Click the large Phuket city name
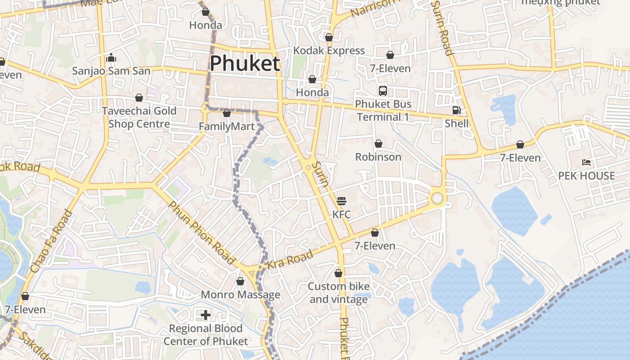pyautogui.click(x=245, y=63)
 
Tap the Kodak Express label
pyautogui.click(x=329, y=50)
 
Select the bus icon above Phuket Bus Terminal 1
pyautogui.click(x=382, y=91)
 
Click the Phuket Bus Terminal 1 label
pyautogui.click(x=382, y=111)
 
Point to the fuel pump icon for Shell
pyautogui.click(x=456, y=110)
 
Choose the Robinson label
pyautogui.click(x=378, y=157)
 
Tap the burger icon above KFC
pyautogui.click(x=342, y=201)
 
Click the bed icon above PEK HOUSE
pyautogui.click(x=586, y=162)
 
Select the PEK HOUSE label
pyautogui.click(x=586, y=176)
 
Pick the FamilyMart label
pyautogui.click(x=227, y=126)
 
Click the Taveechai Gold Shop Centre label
pyautogui.click(x=139, y=117)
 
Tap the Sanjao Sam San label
pyautogui.click(x=111, y=71)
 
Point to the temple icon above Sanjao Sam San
pyautogui.click(x=111, y=58)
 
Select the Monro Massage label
pyautogui.click(x=240, y=295)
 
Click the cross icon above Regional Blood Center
pyautogui.click(x=206, y=315)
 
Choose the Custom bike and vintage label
pyautogui.click(x=338, y=293)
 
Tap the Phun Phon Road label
pyautogui.click(x=202, y=233)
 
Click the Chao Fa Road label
pyautogui.click(x=51, y=242)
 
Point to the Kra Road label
pyautogui.click(x=290, y=260)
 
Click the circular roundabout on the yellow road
pyautogui.click(x=437, y=198)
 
